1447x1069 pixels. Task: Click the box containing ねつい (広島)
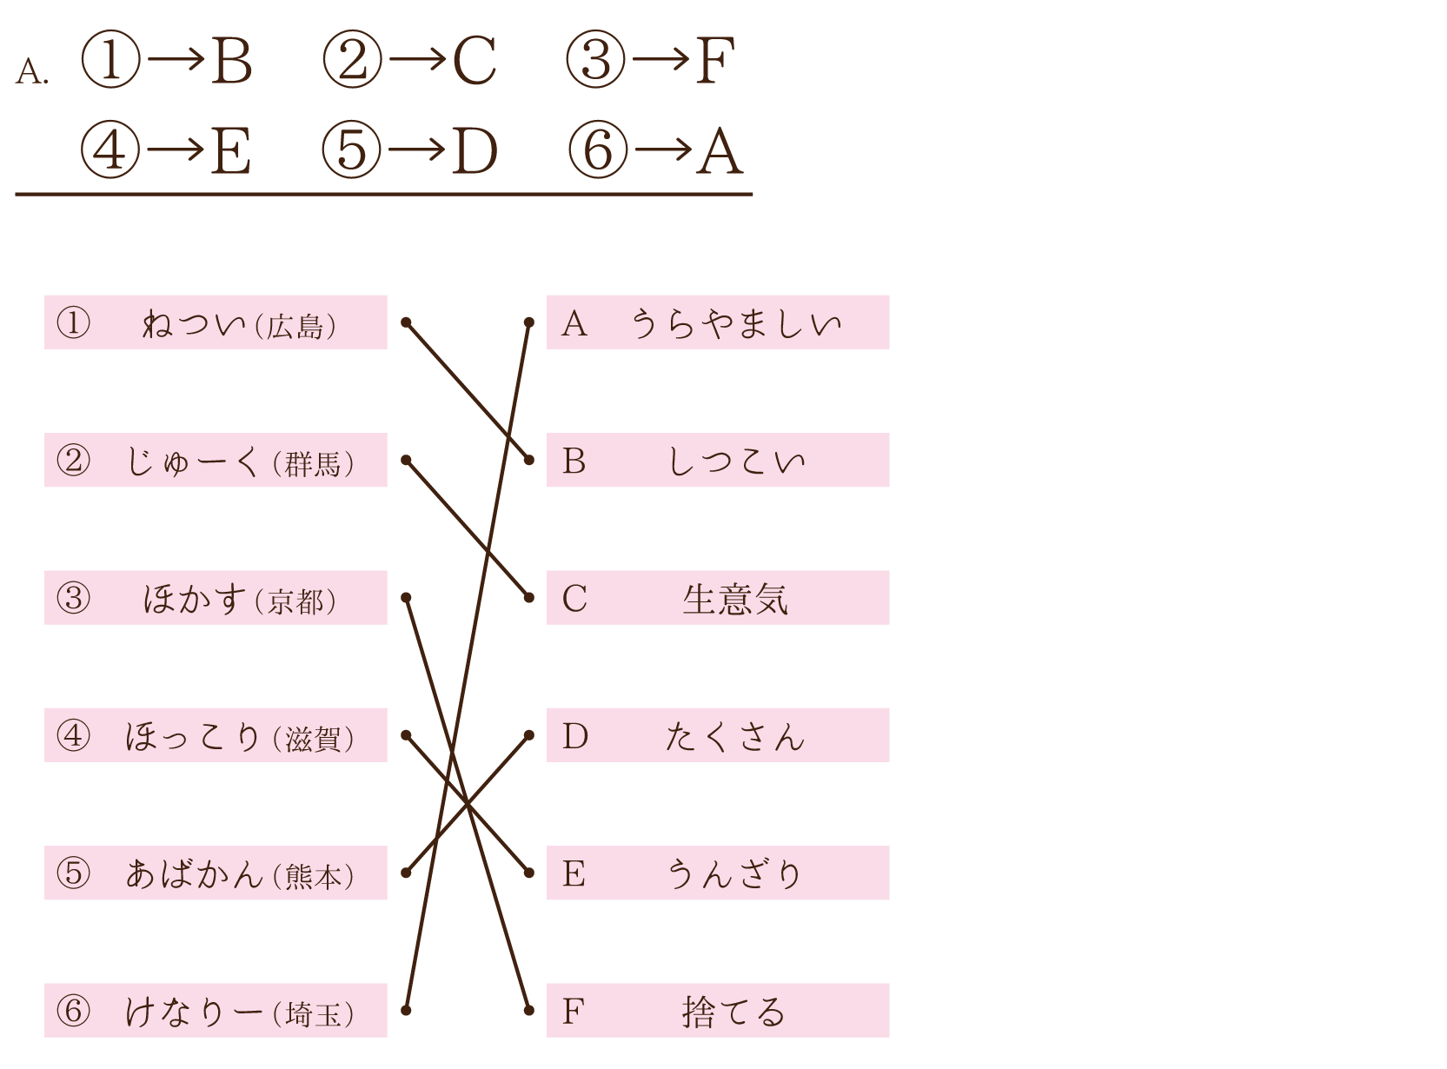(216, 322)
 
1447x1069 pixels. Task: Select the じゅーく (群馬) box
(216, 460)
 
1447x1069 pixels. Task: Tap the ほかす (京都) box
(216, 598)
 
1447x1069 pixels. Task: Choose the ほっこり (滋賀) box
(216, 735)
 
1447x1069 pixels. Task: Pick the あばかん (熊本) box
(216, 873)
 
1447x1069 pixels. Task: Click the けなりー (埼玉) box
(216, 1011)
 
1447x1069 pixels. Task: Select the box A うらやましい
(718, 322)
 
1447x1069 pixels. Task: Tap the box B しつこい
(718, 460)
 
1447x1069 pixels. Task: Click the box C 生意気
(718, 598)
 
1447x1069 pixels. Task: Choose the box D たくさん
(718, 735)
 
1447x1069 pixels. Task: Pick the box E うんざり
(718, 873)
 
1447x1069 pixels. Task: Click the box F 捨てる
(718, 1011)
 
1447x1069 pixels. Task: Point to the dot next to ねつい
(406, 322)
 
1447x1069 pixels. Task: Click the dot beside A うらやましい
(529, 322)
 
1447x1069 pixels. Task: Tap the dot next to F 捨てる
(529, 1011)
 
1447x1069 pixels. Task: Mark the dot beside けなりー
(406, 1011)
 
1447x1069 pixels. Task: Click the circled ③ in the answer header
(595, 59)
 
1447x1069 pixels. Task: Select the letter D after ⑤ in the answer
(475, 151)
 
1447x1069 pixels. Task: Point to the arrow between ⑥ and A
(663, 150)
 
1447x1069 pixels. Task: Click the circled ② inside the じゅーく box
(73, 461)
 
